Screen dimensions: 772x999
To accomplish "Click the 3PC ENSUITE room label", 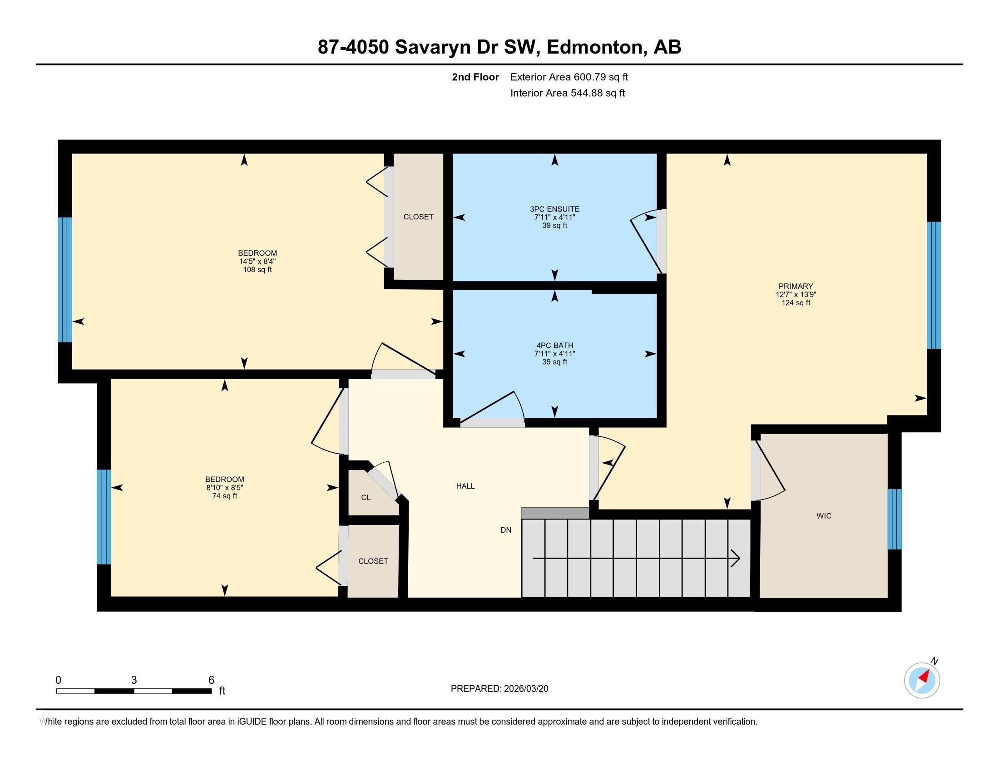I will click(x=554, y=209).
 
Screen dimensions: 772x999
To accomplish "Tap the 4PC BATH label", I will click(x=554, y=346).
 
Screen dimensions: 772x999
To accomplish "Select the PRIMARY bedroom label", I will click(x=796, y=286).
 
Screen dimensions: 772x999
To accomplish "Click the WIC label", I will click(x=823, y=516).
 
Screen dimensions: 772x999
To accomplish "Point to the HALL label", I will click(x=465, y=486).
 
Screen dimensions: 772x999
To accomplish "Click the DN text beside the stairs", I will click(x=505, y=530).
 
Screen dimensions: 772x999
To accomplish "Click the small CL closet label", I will click(x=366, y=498).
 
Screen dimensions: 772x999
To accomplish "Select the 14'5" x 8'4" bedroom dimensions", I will click(x=257, y=262).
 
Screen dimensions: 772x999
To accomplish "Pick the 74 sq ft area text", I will click(x=225, y=496).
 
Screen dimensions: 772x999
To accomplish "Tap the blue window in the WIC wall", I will click(x=894, y=519).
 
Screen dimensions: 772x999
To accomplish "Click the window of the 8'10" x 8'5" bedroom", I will click(x=104, y=517).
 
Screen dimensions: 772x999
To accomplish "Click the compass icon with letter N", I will click(x=922, y=680).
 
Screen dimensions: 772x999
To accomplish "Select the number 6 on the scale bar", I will click(x=211, y=680).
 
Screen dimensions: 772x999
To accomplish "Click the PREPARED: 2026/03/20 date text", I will click(x=499, y=689).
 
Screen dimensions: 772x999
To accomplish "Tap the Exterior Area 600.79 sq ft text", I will click(x=569, y=77).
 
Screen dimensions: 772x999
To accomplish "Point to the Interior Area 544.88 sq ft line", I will click(x=567, y=93).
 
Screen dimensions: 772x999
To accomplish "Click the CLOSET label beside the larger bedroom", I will click(x=418, y=217).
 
